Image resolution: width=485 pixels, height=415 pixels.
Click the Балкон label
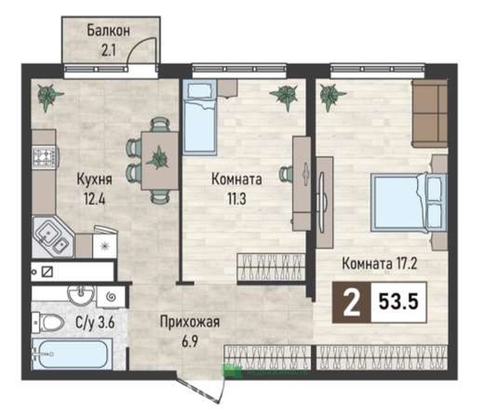coord(109,31)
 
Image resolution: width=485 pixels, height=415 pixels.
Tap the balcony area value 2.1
coord(109,50)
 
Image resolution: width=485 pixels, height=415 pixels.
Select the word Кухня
coord(95,179)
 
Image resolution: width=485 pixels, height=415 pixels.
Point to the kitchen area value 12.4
coord(95,199)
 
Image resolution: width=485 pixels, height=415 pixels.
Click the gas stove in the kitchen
coord(45,158)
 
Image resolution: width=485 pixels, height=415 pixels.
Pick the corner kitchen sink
coord(52,238)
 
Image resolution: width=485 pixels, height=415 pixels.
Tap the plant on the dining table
coord(158,158)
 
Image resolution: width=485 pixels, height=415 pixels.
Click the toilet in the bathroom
coord(48,323)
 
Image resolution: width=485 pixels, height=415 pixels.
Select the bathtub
coord(72,354)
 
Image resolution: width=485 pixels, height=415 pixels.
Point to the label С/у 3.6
coord(96,323)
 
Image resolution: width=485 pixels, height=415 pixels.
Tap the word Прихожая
coord(190,322)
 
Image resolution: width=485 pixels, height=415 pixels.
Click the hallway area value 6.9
coord(190,341)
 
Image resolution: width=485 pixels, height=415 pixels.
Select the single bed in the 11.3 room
coord(199,117)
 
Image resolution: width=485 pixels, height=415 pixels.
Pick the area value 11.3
coord(237,199)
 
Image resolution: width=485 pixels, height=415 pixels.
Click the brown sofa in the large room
coord(429,113)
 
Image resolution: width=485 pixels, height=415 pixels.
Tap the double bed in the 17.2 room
coord(409,203)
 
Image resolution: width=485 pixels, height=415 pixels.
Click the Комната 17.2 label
coord(380,264)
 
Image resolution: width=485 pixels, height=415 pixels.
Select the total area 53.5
coord(398,301)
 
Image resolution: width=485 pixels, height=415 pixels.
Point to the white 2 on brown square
coord(352,302)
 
